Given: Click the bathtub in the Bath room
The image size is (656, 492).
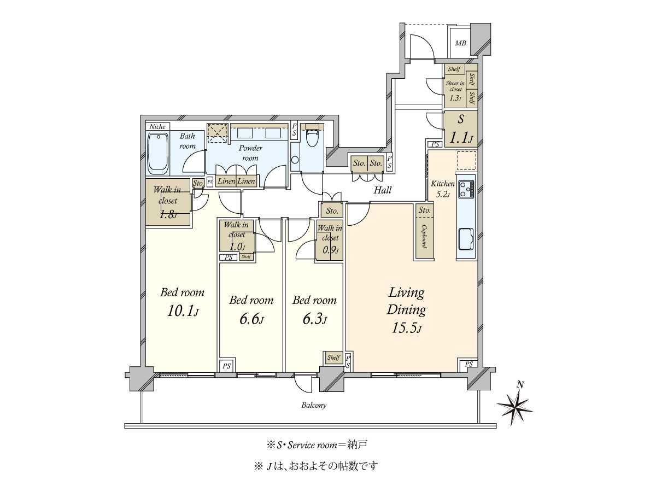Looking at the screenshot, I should coord(158,152).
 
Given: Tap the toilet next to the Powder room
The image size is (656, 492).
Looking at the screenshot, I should coord(313,138).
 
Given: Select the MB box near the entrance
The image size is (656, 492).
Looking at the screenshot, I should coord(460,43).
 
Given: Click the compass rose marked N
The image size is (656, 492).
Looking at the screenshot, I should coord(515,405).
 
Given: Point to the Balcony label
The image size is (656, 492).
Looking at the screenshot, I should coord(314,406).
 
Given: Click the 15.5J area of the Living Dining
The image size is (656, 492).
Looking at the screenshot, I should coord(406,328).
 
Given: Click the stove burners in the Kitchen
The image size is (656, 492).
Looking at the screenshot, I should coord(466,189).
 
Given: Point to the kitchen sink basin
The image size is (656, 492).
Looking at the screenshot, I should coord(466,238).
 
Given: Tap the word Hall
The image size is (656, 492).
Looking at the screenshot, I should coord(383,190).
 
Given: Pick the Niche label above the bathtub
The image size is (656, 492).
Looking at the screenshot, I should coord(157,127).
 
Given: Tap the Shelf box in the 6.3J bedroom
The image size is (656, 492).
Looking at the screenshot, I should coord(333,358).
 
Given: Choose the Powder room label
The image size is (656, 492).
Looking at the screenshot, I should coord(250,153).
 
